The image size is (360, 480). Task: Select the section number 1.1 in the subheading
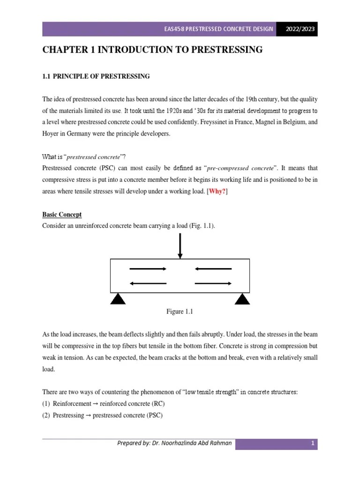[x=46, y=76]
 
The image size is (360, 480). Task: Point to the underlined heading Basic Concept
[x=62, y=214]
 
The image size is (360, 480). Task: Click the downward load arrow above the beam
[x=180, y=245]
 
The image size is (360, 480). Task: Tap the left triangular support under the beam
[x=118, y=299]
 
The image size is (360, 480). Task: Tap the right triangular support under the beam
[x=242, y=299]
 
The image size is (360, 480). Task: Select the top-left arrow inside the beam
[x=148, y=269]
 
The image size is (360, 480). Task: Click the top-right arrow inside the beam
[x=213, y=269]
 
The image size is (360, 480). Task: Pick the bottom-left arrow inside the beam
[x=148, y=283]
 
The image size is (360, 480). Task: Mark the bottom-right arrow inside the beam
[x=213, y=283]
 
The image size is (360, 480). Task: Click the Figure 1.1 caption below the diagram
[x=180, y=312]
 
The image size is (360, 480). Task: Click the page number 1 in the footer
[x=311, y=443]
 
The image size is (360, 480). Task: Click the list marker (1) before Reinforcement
[x=46, y=404]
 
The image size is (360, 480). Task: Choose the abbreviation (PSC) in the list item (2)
[x=154, y=415]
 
